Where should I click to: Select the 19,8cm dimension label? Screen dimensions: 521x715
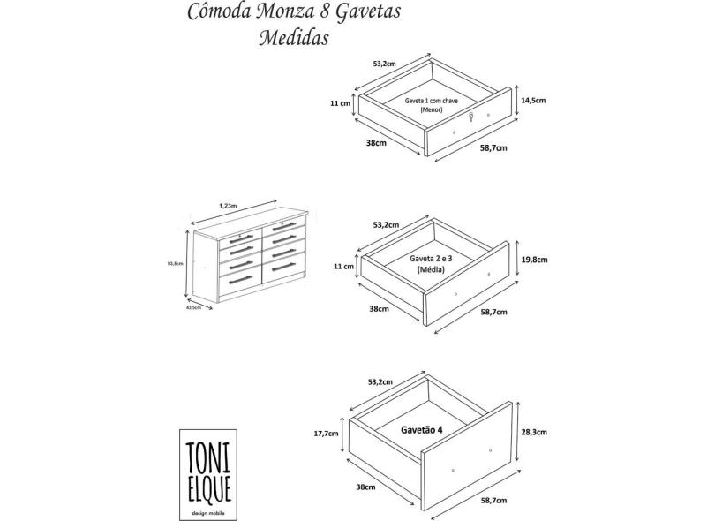coord(535,260)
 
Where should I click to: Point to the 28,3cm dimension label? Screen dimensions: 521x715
coord(535,432)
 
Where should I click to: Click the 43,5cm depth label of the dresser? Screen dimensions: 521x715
coord(194,308)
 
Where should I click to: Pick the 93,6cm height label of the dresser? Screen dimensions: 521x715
coord(174,262)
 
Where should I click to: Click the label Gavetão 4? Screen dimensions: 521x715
coord(416,429)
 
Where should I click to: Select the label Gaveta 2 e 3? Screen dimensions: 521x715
coord(430,259)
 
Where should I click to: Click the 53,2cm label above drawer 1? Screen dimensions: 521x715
coord(384,64)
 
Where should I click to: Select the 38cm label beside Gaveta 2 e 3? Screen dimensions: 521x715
coord(379,309)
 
